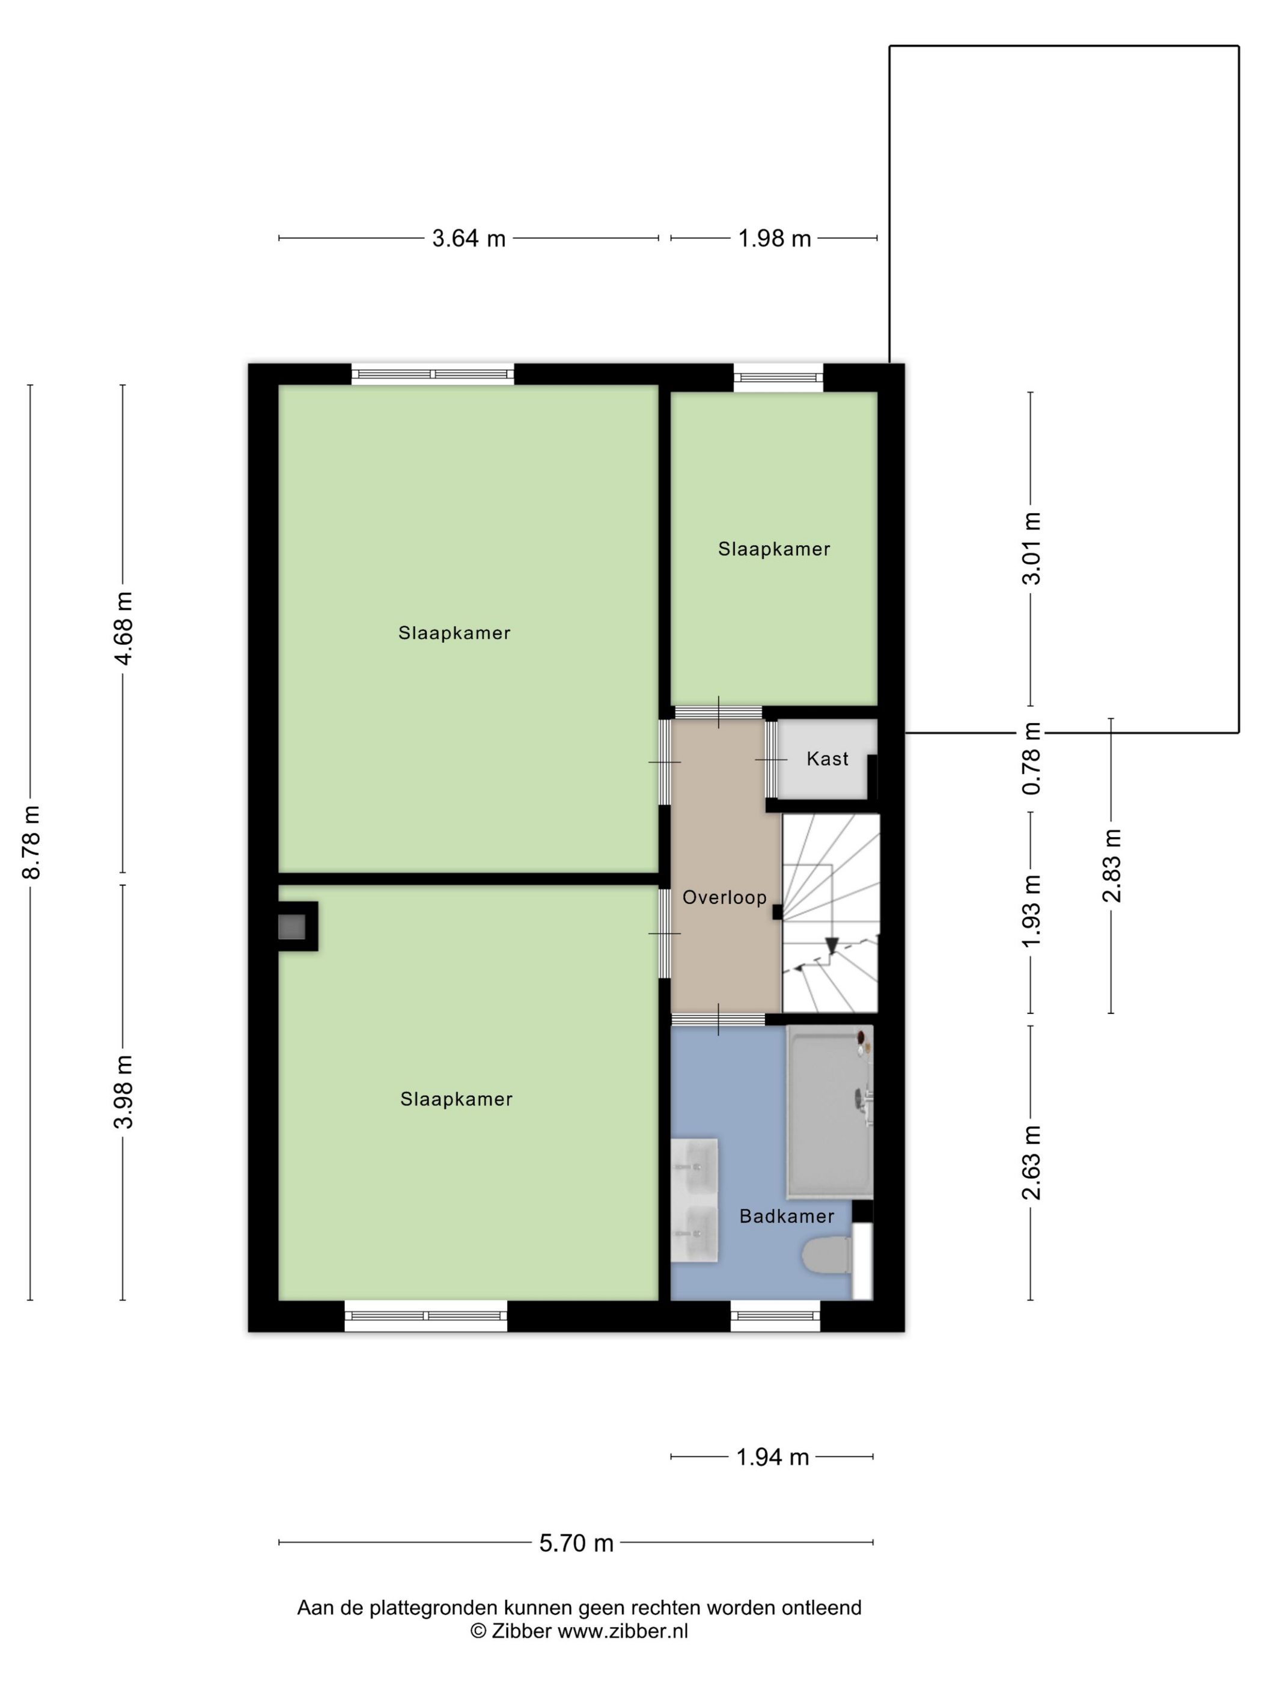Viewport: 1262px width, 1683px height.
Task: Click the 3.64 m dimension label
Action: (469, 238)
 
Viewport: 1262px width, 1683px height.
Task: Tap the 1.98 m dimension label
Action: (775, 238)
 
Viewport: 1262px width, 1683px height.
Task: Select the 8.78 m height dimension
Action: (31, 841)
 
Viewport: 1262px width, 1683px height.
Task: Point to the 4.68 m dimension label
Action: (123, 629)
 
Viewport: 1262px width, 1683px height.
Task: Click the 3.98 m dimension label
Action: (123, 1092)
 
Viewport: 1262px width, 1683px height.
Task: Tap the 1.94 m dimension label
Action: (772, 1457)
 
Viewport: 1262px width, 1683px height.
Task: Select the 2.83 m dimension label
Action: (1111, 865)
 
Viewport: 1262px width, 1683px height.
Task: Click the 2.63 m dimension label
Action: (1031, 1162)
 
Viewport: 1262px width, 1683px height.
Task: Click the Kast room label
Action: (827, 759)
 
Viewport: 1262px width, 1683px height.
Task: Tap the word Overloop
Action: (724, 898)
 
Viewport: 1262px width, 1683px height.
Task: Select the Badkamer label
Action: (787, 1217)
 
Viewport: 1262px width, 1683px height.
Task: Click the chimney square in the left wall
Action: (292, 927)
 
